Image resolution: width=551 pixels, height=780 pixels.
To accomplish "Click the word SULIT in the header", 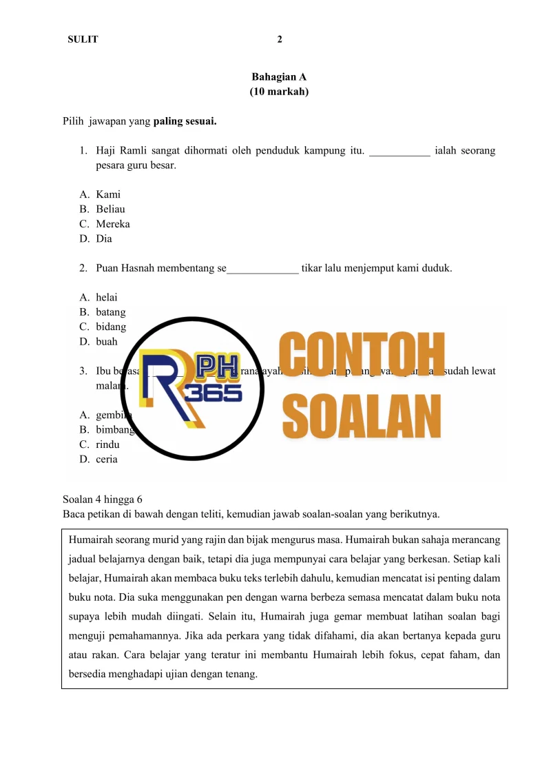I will click(x=83, y=39).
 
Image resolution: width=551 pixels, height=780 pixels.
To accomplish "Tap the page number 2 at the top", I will click(x=279, y=39).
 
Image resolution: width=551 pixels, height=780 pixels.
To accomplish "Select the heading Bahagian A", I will click(x=279, y=77).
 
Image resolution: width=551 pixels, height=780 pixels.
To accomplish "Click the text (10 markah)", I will click(x=279, y=92).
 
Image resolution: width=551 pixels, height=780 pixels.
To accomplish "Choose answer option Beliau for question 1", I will click(x=110, y=209).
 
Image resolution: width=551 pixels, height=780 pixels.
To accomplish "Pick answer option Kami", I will click(x=108, y=194).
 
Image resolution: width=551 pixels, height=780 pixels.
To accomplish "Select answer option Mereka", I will click(x=113, y=224).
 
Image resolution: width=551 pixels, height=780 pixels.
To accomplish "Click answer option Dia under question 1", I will click(x=104, y=239).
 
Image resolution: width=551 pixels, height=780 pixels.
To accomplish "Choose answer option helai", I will click(x=107, y=297).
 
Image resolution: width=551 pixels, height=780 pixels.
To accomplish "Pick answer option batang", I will click(x=110, y=312).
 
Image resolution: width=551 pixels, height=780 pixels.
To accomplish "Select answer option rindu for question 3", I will click(x=107, y=444).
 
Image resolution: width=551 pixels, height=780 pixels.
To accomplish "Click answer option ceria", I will click(x=107, y=459).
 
